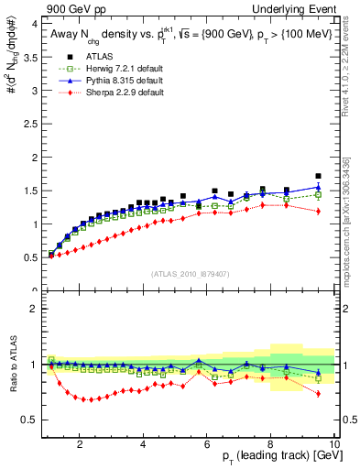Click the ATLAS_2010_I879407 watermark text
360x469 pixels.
[191, 275]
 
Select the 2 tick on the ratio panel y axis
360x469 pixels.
[36, 309]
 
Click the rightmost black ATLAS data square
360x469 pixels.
[318, 176]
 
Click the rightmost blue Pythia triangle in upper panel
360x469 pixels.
[318, 187]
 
